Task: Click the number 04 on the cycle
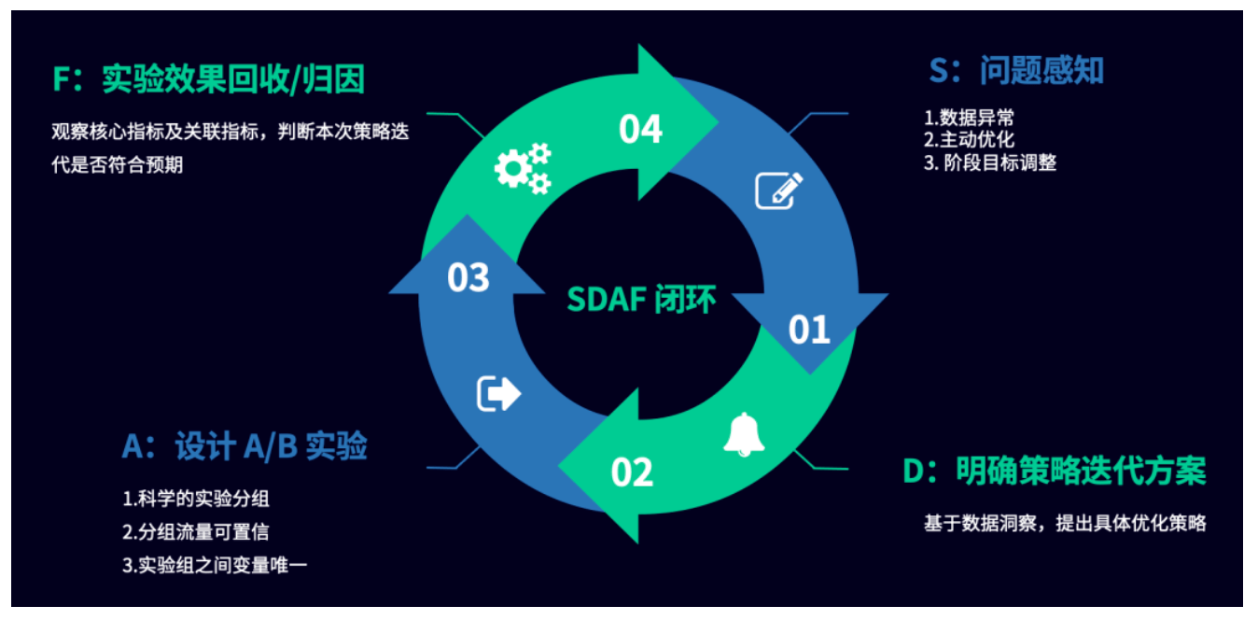[640, 129]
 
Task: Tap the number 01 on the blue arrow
[809, 330]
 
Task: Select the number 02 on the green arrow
[633, 472]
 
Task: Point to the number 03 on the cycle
[468, 277]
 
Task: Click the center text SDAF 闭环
[641, 299]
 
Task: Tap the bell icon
[744, 434]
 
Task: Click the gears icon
[523, 168]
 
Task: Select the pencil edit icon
[779, 190]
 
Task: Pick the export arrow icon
[498, 393]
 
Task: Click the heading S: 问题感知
[1016, 71]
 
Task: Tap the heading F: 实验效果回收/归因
[209, 79]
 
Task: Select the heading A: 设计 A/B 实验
[245, 447]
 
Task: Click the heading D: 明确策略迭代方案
[1055, 471]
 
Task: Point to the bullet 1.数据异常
[970, 118]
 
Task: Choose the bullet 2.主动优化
[970, 140]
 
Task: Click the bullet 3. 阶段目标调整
[990, 163]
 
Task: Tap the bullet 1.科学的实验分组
[196, 499]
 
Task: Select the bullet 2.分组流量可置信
[196, 531]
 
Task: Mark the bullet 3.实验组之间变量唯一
[215, 565]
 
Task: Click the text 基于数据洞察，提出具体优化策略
[1066, 523]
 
